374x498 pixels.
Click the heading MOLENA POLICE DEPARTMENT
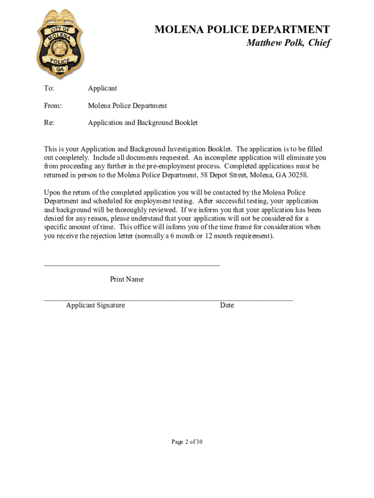(x=242, y=30)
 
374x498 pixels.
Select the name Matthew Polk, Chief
(x=288, y=43)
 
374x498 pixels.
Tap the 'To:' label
(x=49, y=89)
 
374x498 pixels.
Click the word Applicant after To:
(x=102, y=89)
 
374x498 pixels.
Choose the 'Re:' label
(x=49, y=123)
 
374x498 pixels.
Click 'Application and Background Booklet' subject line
(x=143, y=123)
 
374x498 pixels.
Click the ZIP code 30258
(x=297, y=175)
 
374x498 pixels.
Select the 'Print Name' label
(x=126, y=279)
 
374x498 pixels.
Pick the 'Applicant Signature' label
(x=95, y=305)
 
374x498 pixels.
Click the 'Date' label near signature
(x=227, y=305)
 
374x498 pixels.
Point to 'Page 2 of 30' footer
(x=187, y=442)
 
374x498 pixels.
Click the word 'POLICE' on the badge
(x=60, y=61)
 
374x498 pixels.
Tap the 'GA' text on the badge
(x=60, y=70)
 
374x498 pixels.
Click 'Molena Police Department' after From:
(x=127, y=106)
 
